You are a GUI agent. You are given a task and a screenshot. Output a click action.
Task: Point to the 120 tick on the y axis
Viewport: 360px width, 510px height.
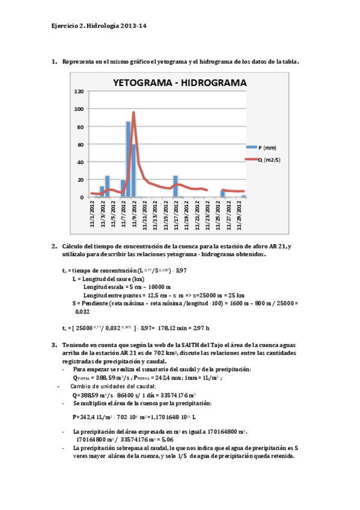[x=79, y=91]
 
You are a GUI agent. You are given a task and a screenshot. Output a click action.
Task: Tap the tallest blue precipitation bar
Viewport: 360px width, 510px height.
[x=128, y=159]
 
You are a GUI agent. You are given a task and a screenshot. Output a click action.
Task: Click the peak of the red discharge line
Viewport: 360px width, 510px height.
[x=133, y=112]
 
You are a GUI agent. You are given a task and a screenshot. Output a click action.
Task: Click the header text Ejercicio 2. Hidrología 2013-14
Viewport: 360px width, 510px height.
[x=99, y=26]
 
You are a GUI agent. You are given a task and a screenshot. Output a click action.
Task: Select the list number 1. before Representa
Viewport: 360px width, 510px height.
[x=55, y=61]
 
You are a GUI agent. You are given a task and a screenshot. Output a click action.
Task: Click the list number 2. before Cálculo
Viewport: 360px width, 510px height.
[x=55, y=245]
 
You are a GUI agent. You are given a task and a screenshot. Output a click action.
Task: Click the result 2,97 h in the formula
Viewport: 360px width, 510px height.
[x=201, y=328]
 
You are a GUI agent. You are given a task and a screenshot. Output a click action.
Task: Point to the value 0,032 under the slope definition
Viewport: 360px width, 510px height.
[x=82, y=312]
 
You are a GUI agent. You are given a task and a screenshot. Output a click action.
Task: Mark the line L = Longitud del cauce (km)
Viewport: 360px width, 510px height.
[x=108, y=279]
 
